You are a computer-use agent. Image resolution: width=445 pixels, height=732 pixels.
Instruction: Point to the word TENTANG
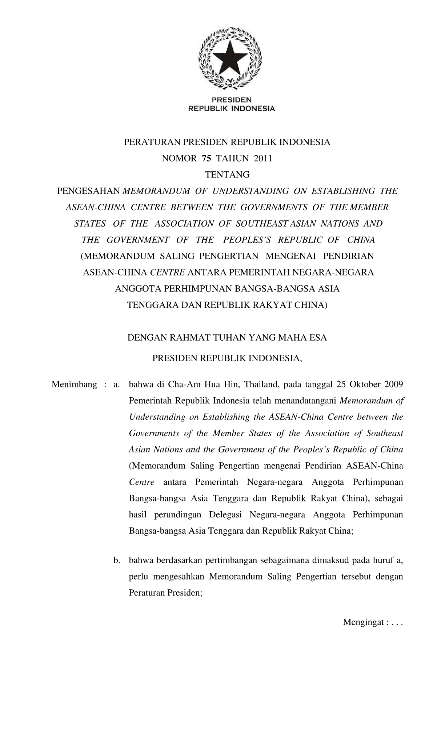tap(227, 175)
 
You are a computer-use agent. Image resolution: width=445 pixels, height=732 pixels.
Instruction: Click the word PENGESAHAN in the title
tap(89, 191)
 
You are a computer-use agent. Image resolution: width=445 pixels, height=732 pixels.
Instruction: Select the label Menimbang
tap(74, 385)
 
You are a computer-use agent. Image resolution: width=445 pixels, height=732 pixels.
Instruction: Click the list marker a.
tap(116, 385)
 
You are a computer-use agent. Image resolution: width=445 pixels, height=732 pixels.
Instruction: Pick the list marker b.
tap(116, 560)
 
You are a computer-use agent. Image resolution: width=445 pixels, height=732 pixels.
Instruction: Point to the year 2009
tap(393, 385)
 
